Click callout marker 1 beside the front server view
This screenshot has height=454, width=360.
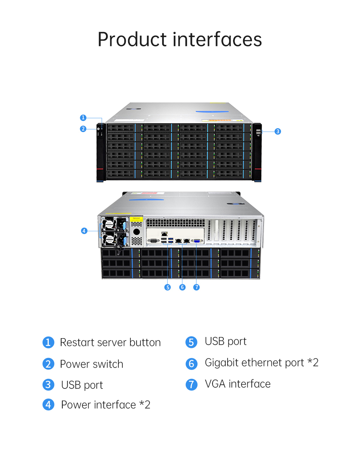[83, 117]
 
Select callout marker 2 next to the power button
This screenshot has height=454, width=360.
[83, 129]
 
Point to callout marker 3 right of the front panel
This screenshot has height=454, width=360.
[278, 131]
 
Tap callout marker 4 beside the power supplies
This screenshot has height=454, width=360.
[84, 231]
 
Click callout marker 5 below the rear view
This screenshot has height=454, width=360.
[168, 287]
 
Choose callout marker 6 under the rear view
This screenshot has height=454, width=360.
[182, 287]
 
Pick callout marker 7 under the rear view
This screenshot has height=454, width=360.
[196, 287]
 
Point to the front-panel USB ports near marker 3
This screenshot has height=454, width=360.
[258, 132]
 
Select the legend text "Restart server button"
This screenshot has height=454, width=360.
[110, 342]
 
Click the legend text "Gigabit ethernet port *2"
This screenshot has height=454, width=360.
[261, 363]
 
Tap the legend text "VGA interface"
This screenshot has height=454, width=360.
[237, 384]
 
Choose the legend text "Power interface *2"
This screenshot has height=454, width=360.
[105, 405]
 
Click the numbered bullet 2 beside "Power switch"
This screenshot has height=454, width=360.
[48, 364]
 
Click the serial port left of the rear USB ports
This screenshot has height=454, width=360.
[153, 241]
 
